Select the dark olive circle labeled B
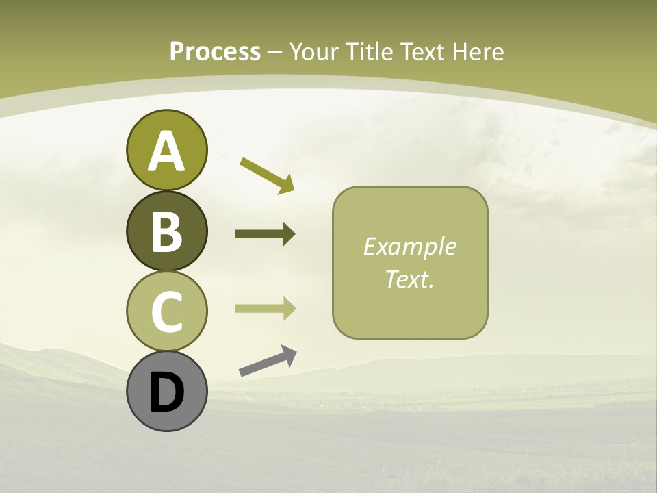coord(166,231)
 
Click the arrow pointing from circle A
coord(267,175)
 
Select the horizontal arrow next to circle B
coord(265,234)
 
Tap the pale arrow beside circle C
coord(265,309)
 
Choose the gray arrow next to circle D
coord(268,361)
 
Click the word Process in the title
coord(215,52)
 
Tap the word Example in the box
coord(410,246)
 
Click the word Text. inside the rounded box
coord(410,279)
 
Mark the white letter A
coord(166,151)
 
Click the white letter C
coord(166,312)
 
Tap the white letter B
coord(166,231)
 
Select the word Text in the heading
coord(423,52)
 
